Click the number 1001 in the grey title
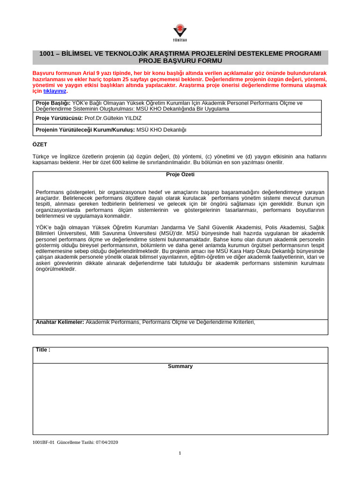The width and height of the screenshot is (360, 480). [47, 54]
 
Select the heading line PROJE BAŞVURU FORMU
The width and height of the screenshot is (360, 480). [180, 61]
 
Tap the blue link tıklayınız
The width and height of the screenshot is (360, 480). [55, 91]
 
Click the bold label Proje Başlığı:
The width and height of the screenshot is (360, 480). [53, 103]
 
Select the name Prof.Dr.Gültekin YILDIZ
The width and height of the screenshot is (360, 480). [113, 118]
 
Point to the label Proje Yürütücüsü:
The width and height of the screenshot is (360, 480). [60, 118]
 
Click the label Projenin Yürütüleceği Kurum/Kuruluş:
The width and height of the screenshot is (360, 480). [85, 130]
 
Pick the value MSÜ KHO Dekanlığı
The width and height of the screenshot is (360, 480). [161, 130]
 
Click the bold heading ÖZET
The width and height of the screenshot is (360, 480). [40, 145]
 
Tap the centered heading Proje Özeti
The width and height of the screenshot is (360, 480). [180, 174]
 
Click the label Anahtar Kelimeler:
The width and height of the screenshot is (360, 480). [60, 322]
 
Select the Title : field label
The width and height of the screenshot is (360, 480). [43, 350]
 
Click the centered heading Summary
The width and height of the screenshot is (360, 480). [180, 366]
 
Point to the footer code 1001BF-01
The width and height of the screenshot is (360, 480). [44, 442]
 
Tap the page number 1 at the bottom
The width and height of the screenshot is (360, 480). [180, 453]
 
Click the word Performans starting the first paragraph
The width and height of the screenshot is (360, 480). [49, 192]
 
